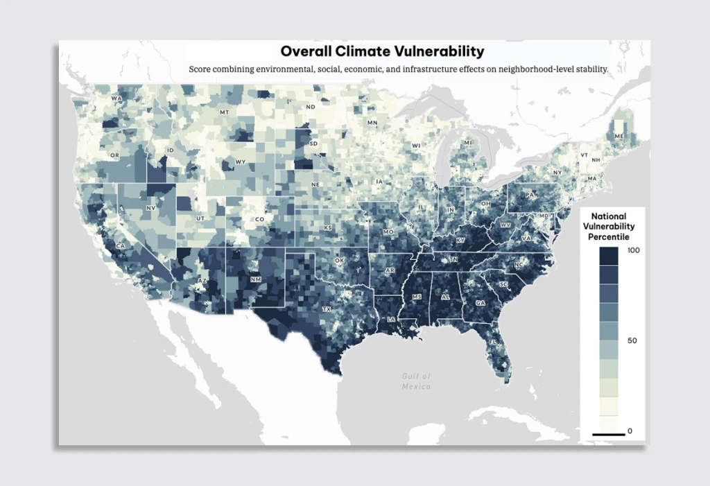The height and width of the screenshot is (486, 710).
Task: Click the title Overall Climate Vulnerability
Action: (x=382, y=51)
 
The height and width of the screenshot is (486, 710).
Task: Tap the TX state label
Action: (x=326, y=309)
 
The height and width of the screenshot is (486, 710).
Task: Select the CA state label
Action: (x=121, y=246)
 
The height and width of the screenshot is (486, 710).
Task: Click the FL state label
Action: (x=493, y=342)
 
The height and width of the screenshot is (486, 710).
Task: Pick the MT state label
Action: (x=224, y=112)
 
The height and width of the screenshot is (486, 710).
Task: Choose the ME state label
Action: (x=618, y=137)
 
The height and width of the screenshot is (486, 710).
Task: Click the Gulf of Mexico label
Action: (x=417, y=381)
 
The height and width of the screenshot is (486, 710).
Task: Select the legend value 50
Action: (x=632, y=341)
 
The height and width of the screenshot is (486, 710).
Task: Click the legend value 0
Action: (x=630, y=431)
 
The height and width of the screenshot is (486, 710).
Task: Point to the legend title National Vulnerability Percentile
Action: (x=608, y=227)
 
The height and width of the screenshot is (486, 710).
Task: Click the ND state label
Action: (x=311, y=107)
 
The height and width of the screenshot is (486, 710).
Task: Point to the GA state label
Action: (x=480, y=304)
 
